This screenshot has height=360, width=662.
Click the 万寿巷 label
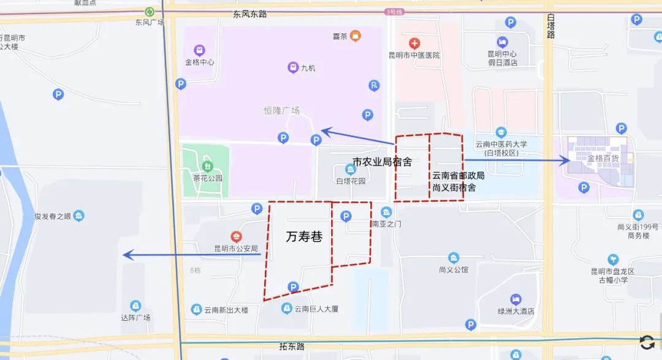304,237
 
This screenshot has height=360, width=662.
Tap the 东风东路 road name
250,13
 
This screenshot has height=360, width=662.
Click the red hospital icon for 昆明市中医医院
415,44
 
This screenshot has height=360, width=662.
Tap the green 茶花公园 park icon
207,165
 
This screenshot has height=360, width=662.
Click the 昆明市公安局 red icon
236,237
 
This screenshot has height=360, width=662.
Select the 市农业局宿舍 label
382,162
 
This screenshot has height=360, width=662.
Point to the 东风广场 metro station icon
150,12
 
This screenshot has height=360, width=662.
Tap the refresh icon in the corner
647,342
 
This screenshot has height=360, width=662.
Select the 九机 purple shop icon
292,67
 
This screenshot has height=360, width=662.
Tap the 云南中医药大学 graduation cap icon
501,132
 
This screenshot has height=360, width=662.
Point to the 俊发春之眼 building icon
78,216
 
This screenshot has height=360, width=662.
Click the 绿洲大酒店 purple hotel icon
516,299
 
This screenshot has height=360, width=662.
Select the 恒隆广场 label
281,111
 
